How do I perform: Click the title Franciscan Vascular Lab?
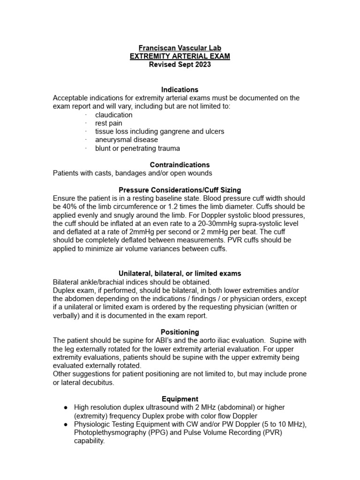click(x=180, y=48)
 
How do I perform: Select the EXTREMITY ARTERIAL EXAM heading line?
click(x=180, y=56)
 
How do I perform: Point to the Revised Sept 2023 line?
click(x=180, y=65)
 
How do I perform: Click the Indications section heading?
click(x=180, y=90)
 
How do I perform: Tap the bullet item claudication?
click(x=113, y=115)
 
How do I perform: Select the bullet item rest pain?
click(x=109, y=123)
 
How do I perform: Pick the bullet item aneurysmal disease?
click(x=127, y=140)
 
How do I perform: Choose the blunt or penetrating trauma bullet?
click(x=137, y=148)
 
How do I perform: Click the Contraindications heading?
click(x=180, y=165)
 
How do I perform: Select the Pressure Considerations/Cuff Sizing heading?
click(x=180, y=190)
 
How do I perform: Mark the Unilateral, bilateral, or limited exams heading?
click(x=180, y=273)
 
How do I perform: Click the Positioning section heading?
click(x=180, y=332)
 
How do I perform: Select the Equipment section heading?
click(x=180, y=399)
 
